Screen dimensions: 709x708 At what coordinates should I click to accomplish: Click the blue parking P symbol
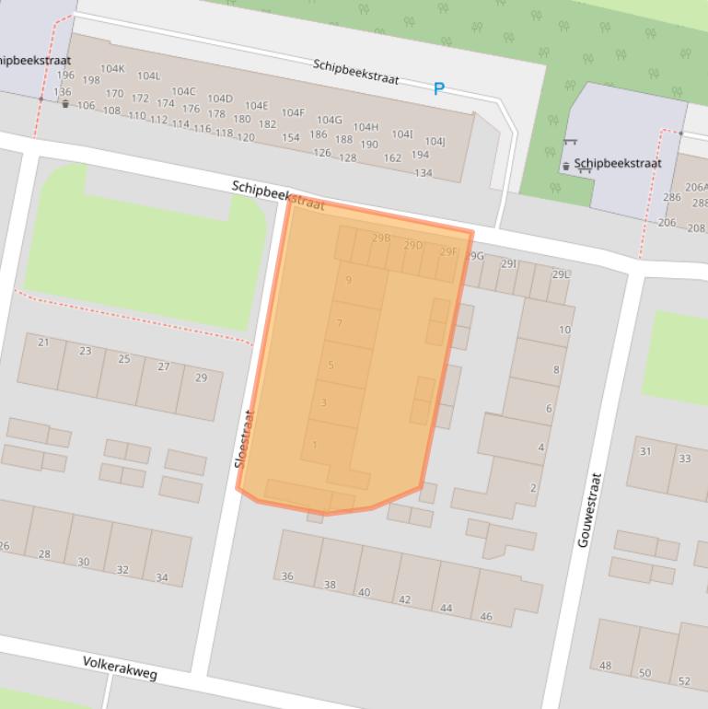click(x=439, y=88)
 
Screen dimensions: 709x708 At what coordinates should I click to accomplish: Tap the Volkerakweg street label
click(x=120, y=668)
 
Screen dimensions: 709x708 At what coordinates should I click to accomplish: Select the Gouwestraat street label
click(x=589, y=510)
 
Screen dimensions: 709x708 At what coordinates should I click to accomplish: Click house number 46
click(x=486, y=616)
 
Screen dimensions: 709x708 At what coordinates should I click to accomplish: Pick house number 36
click(x=287, y=576)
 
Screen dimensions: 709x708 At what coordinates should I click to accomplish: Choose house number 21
click(x=43, y=343)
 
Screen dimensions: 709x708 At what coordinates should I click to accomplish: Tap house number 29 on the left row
click(x=202, y=378)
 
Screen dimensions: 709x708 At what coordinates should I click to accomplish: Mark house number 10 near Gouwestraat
click(x=564, y=330)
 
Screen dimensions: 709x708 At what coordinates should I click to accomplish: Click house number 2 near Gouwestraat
click(x=533, y=488)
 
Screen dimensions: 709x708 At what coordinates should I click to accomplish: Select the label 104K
click(x=112, y=68)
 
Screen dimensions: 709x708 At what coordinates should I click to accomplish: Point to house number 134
click(x=423, y=173)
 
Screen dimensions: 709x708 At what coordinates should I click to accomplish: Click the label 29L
click(x=561, y=274)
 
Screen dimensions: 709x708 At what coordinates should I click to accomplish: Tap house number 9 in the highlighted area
click(x=349, y=280)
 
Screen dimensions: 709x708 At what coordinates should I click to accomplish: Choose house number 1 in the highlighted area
click(x=315, y=446)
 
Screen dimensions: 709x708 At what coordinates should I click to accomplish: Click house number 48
click(x=605, y=666)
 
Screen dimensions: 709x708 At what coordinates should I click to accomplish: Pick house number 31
click(x=645, y=451)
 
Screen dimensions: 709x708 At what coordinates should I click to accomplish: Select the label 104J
click(x=435, y=141)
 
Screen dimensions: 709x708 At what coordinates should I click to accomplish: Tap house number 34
click(x=162, y=578)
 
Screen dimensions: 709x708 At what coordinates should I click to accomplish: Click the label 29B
click(x=381, y=238)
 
